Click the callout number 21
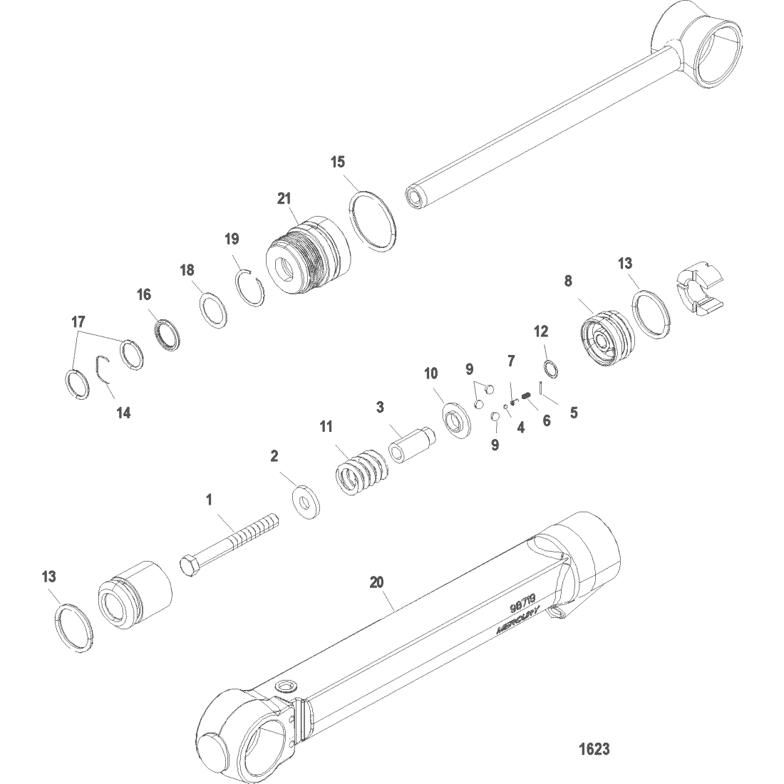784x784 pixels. coord(285,199)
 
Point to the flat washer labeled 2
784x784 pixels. coord(307,501)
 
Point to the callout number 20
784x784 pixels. coord(377,582)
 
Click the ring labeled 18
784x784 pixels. coord(212,309)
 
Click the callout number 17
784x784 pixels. coord(78,323)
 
